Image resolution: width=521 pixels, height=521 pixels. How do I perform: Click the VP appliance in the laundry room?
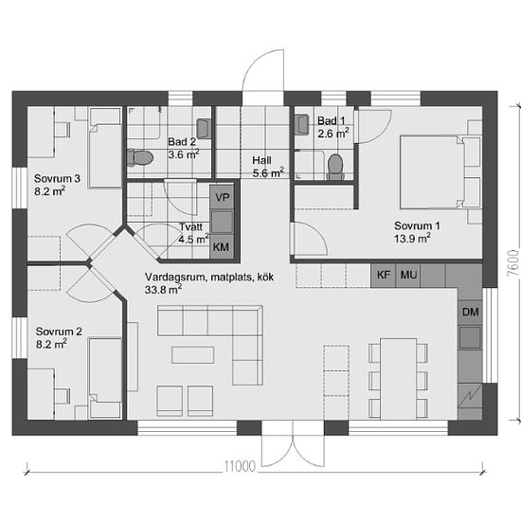click(x=223, y=197)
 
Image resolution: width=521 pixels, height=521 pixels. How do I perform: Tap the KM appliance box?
click(x=222, y=247)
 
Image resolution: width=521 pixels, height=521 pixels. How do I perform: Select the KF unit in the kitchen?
click(x=383, y=276)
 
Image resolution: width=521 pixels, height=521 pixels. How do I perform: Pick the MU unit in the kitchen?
click(x=408, y=276)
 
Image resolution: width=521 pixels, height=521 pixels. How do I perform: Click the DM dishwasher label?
click(x=470, y=313)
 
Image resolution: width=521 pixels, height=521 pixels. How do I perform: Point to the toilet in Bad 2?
click(x=140, y=158)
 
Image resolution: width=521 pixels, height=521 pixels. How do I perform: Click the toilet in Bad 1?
click(x=335, y=167)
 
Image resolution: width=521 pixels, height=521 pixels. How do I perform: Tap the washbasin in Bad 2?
click(x=204, y=129)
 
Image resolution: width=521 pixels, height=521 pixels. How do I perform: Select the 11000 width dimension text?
click(x=240, y=466)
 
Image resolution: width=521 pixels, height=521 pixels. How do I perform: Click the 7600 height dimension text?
click(x=512, y=262)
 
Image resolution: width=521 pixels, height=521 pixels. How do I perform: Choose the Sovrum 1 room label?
click(x=417, y=226)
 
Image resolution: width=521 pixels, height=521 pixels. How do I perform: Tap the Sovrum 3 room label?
click(x=57, y=179)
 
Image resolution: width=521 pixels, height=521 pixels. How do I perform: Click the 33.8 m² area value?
click(x=163, y=290)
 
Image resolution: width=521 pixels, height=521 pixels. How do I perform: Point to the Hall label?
click(x=261, y=160)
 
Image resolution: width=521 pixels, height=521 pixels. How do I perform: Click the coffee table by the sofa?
click(x=192, y=355)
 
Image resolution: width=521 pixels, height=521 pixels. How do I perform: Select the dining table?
click(x=399, y=379)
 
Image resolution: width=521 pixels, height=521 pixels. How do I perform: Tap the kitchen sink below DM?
click(x=470, y=337)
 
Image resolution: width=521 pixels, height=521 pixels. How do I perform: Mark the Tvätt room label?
click(x=191, y=227)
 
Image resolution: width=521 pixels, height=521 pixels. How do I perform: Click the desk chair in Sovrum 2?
click(x=63, y=396)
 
